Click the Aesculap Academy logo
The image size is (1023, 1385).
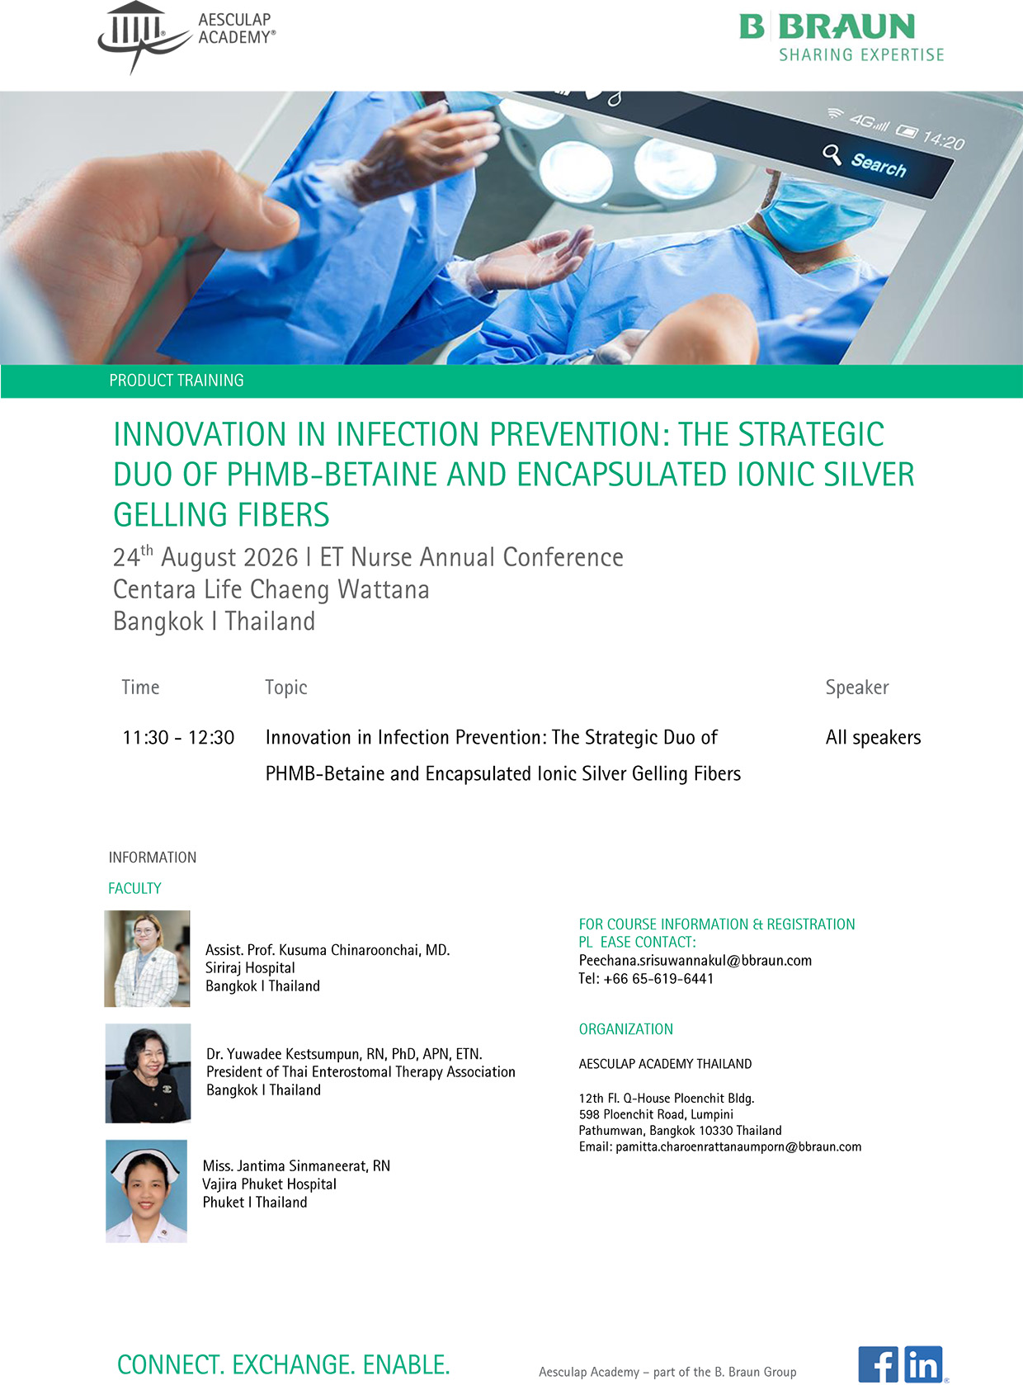[x=186, y=37]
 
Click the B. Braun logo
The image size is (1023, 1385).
[x=841, y=37]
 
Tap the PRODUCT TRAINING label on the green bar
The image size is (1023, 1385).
[x=176, y=381]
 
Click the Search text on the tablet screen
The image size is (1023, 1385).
[x=878, y=165]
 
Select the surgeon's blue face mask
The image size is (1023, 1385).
[x=819, y=214]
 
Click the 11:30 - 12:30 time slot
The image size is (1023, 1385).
[x=178, y=737]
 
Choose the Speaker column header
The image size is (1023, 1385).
[x=857, y=688]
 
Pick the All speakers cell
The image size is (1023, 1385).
[x=873, y=737]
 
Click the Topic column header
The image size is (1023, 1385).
[x=286, y=688]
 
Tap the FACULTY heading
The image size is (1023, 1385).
[x=134, y=888]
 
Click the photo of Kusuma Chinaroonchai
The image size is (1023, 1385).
[x=148, y=958]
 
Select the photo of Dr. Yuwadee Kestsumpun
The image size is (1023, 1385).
[x=148, y=1073]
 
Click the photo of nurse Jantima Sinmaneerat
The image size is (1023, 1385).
[x=147, y=1191]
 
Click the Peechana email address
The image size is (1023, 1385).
[x=695, y=961]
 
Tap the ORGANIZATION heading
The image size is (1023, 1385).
[x=626, y=1029]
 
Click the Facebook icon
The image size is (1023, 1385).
[x=878, y=1364]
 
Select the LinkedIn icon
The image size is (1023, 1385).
[x=923, y=1364]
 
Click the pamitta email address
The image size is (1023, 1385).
[x=738, y=1146]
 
